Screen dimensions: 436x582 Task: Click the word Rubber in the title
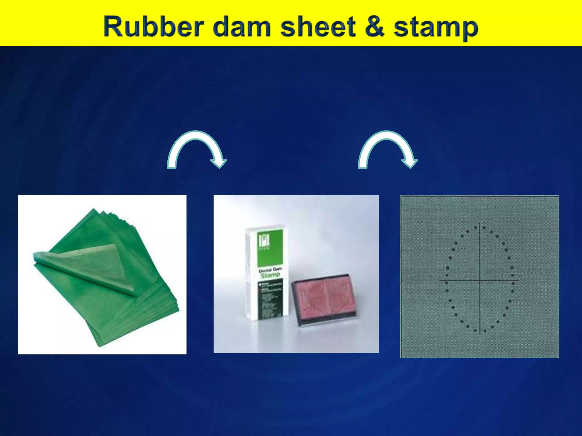point(154,27)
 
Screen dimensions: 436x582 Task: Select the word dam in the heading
point(242,27)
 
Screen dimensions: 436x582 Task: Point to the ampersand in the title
point(375,27)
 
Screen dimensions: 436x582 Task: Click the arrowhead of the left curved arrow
point(219,163)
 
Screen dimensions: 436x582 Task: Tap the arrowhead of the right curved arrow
point(410,163)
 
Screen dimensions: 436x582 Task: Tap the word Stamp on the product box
point(270,275)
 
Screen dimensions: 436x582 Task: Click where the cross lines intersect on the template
point(480,280)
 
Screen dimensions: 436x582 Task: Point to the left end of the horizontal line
point(440,280)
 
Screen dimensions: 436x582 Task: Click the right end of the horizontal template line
point(518,280)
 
